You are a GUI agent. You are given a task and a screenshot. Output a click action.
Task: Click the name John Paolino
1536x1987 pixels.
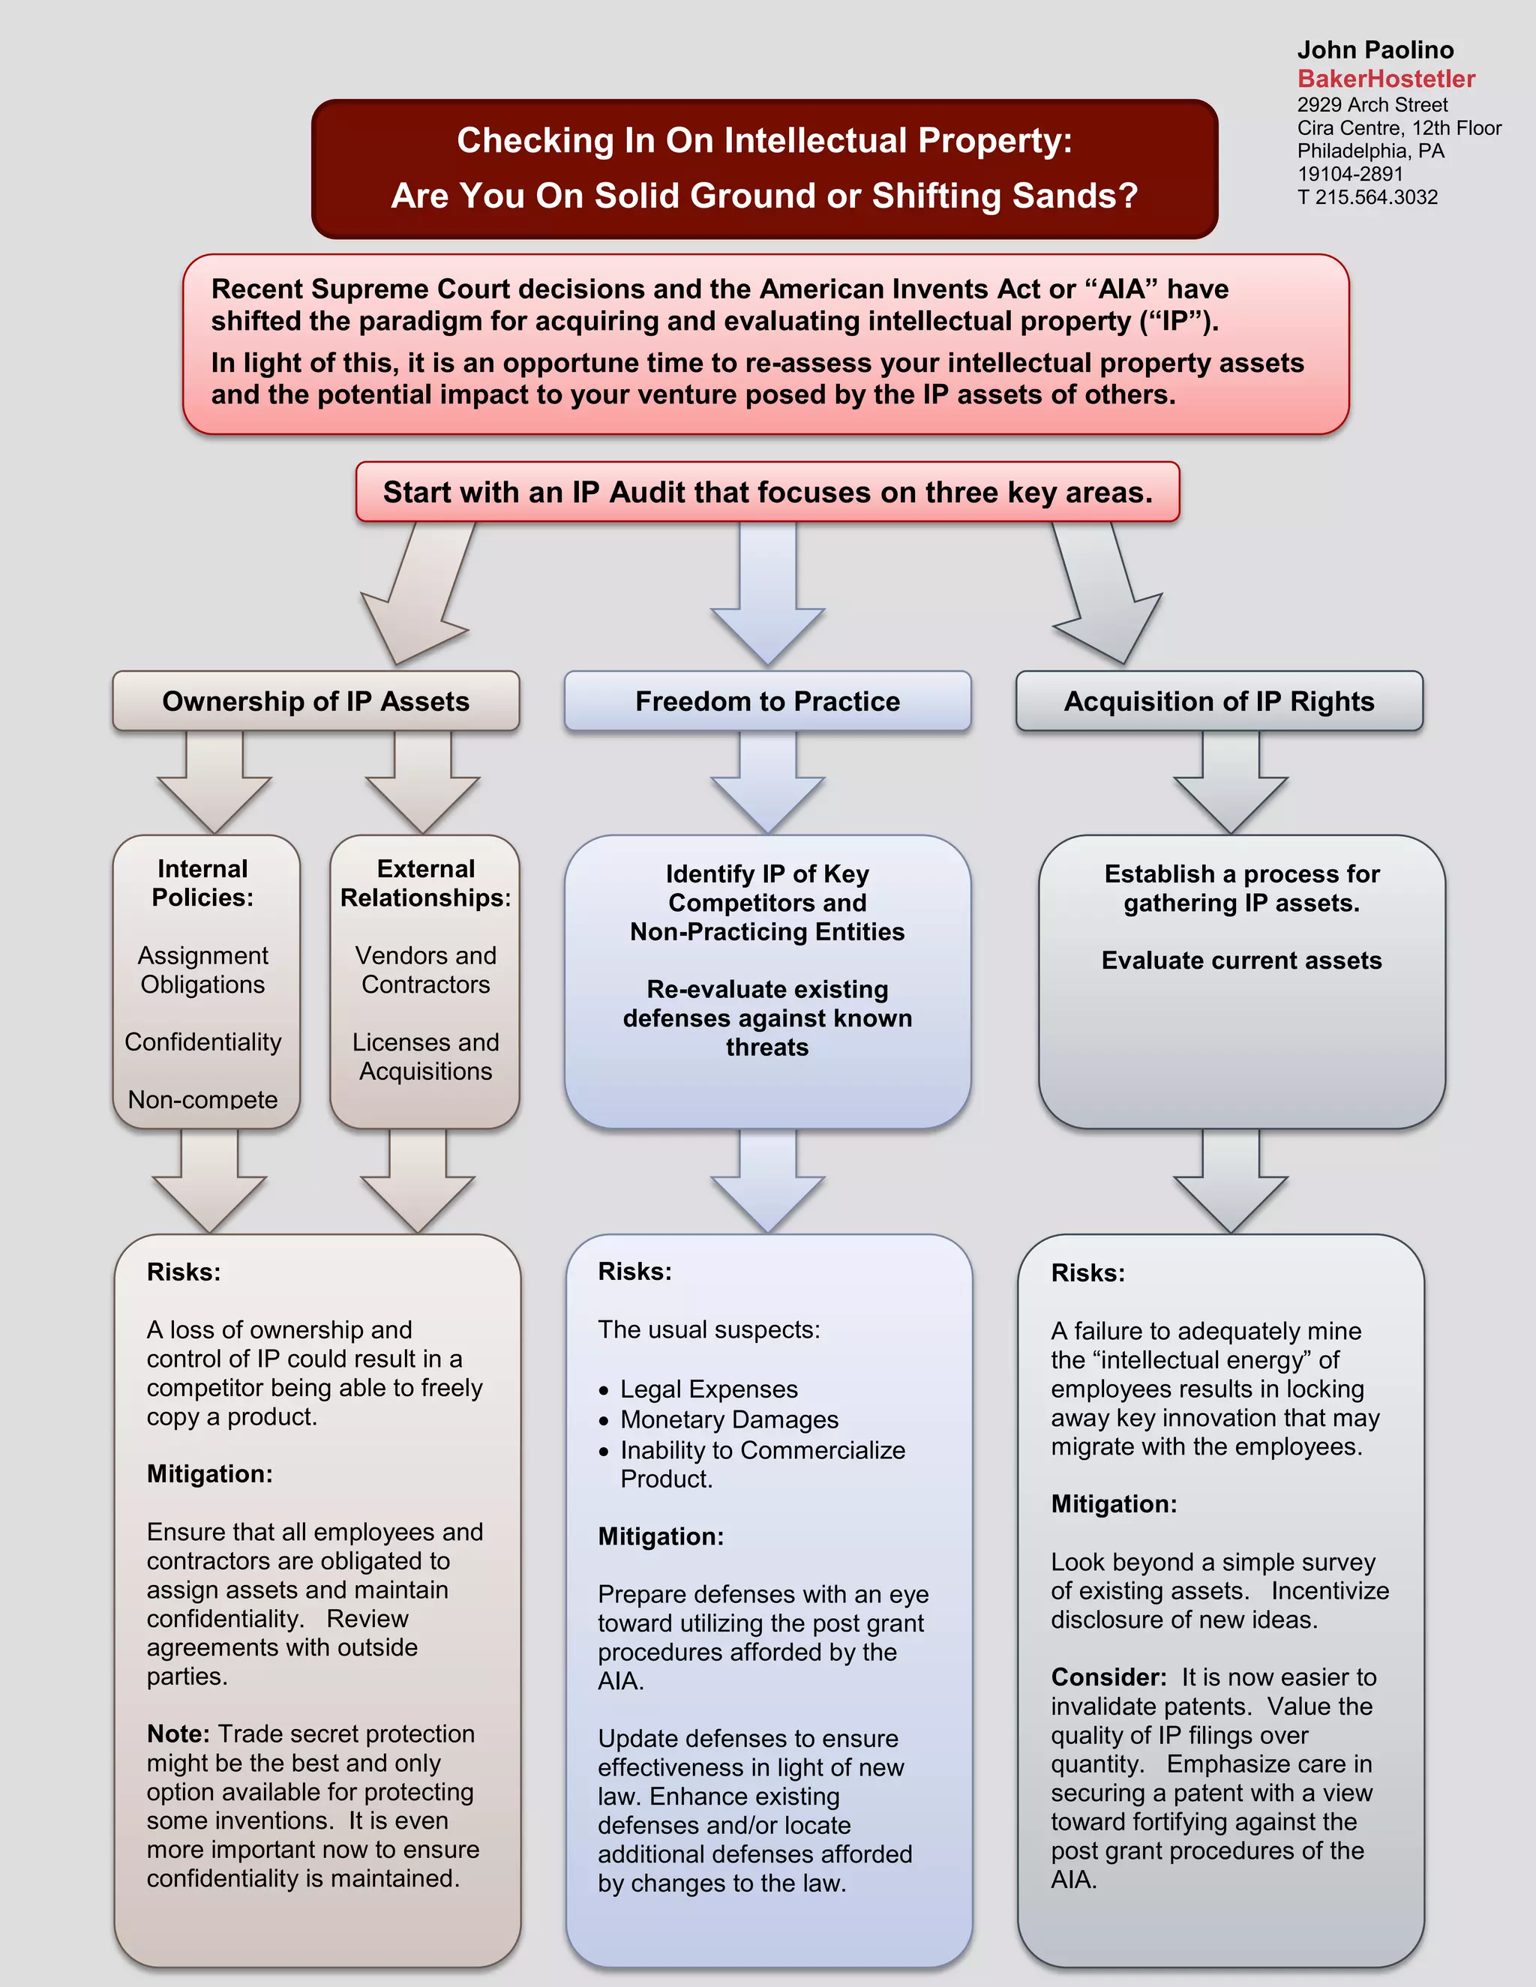pyautogui.click(x=1375, y=50)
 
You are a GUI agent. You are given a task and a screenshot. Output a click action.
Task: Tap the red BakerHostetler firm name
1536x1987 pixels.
pyautogui.click(x=1385, y=79)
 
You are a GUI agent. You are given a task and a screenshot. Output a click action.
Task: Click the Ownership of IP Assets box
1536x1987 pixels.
pyautogui.click(x=316, y=702)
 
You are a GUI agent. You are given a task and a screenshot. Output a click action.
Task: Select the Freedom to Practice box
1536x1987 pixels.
pyautogui.click(x=767, y=702)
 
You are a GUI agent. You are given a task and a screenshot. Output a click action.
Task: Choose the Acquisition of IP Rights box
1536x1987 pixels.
pyautogui.click(x=1219, y=702)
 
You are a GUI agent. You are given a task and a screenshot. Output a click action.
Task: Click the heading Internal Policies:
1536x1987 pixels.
pyautogui.click(x=202, y=883)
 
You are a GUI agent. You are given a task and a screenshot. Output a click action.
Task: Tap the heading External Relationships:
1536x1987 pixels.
pyautogui.click(x=425, y=883)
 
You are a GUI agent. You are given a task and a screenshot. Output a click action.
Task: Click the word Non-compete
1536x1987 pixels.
pyautogui.click(x=202, y=1099)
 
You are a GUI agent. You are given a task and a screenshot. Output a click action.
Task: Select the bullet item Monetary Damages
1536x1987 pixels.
pyautogui.click(x=729, y=1419)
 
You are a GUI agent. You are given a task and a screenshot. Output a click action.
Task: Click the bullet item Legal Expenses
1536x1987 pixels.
pyautogui.click(x=709, y=1389)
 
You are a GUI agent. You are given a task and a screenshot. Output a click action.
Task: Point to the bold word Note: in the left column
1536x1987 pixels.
pyautogui.click(x=178, y=1734)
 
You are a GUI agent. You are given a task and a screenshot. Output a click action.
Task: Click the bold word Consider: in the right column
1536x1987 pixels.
pyautogui.click(x=1108, y=1677)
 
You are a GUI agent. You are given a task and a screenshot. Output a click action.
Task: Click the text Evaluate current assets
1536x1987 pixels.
pyautogui.click(x=1241, y=961)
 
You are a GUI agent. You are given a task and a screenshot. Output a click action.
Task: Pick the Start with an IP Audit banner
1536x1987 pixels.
pyautogui.click(x=767, y=492)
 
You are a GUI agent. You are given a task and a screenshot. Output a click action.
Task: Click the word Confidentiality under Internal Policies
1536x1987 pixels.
pyautogui.click(x=202, y=1041)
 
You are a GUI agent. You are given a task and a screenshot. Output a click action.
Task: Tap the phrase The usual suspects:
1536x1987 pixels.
pyautogui.click(x=708, y=1330)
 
